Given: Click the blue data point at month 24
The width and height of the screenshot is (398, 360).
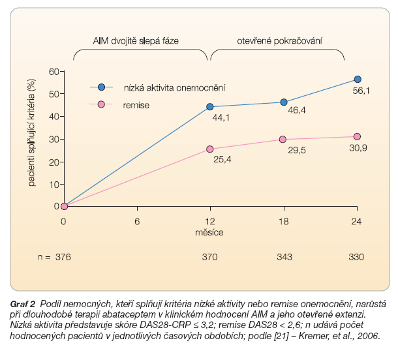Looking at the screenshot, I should [x=357, y=80].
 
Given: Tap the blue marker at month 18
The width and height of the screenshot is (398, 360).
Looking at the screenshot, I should [x=284, y=102].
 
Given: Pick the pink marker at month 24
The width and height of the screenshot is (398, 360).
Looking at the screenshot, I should [x=357, y=136].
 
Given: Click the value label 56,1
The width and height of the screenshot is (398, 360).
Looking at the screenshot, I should [x=360, y=92].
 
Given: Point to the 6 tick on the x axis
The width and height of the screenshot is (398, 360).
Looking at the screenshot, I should [x=137, y=220].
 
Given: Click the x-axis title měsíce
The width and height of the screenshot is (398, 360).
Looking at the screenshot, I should [x=210, y=232].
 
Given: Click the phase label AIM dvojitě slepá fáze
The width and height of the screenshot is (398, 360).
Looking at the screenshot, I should [x=139, y=41].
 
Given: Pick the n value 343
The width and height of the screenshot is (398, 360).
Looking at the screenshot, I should [x=284, y=257].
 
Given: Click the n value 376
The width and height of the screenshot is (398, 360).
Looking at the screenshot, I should [x=63, y=257].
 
